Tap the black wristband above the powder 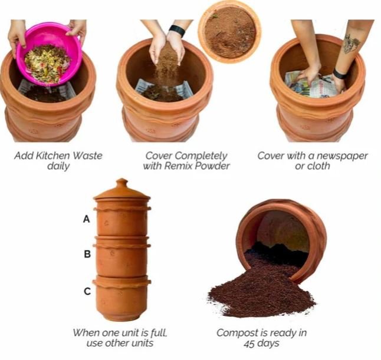[177, 31]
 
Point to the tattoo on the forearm [351, 44]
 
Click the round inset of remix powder [229, 32]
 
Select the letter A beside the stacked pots [87, 219]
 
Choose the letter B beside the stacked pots [87, 254]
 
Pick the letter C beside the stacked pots [87, 291]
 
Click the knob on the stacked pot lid [121, 182]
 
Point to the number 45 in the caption [249, 344]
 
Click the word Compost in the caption [234, 333]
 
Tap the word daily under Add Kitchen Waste [58, 167]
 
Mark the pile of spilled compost [261, 289]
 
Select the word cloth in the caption [320, 166]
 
